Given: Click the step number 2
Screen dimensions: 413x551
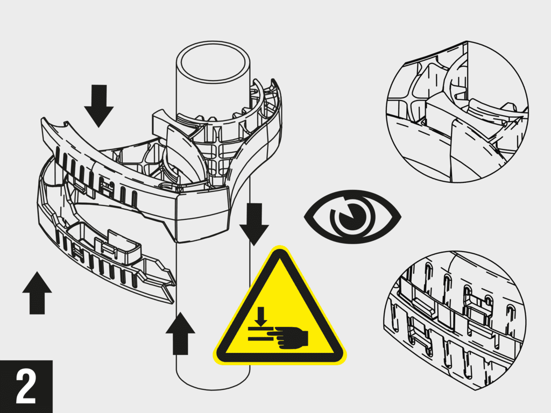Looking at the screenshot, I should [26, 386].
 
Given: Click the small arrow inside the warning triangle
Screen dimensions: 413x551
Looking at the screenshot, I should [261, 317].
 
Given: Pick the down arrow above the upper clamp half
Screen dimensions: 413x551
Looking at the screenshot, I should [99, 104].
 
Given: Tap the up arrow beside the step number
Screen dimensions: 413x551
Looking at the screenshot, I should [37, 292].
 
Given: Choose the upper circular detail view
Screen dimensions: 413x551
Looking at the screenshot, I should [457, 110].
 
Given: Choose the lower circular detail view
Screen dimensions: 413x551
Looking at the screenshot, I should [456, 320].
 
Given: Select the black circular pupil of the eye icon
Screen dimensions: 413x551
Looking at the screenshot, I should [355, 217].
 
